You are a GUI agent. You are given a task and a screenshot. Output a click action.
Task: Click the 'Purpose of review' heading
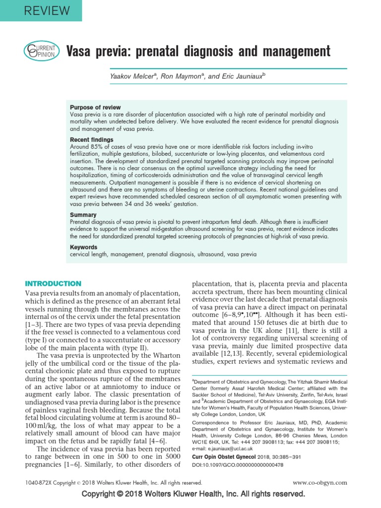95,108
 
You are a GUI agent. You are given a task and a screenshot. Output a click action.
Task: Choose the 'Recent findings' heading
91,140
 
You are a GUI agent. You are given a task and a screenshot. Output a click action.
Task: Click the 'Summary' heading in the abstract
83,215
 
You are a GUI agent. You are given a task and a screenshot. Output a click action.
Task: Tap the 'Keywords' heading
84,247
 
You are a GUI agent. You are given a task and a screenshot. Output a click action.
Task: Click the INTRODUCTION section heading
53,284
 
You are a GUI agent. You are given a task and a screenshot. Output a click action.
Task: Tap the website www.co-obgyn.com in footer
320,482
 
